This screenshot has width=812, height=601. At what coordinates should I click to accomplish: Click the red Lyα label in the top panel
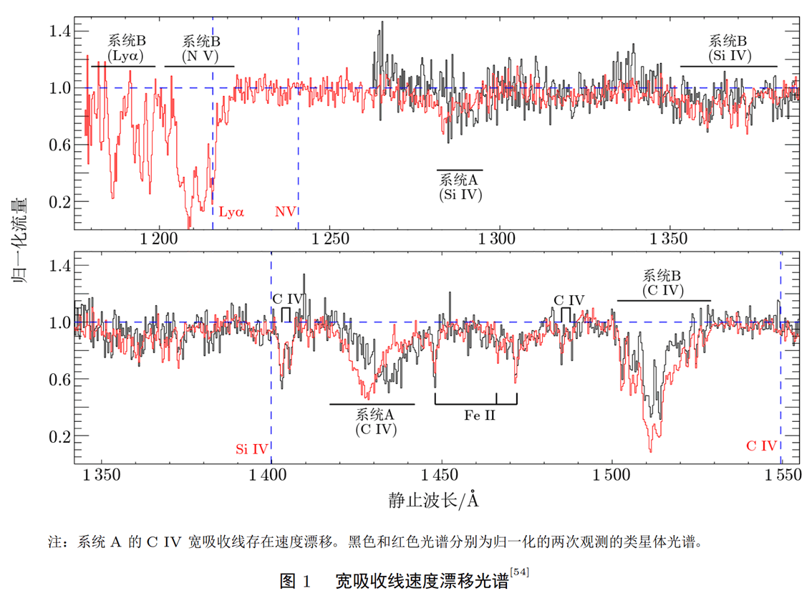(x=231, y=211)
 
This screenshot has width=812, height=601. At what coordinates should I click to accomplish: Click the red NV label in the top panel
(x=285, y=211)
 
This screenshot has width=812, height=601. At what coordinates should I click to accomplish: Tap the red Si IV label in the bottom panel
(x=251, y=449)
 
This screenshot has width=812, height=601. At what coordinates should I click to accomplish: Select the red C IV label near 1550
(x=761, y=446)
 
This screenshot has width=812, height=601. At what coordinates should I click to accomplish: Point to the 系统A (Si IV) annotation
(x=460, y=186)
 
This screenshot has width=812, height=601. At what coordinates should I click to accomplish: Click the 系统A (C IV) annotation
(x=376, y=422)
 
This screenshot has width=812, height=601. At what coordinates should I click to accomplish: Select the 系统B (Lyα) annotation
(x=127, y=47)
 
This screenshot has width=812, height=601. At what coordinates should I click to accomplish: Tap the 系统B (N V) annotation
(x=201, y=47)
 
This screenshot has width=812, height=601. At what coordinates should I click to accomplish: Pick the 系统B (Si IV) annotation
(x=728, y=47)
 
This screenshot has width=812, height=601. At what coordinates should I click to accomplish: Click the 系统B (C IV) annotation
(x=662, y=283)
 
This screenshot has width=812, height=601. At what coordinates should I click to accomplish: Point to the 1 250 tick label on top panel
(x=329, y=240)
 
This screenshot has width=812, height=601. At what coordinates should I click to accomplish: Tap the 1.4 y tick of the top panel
(x=59, y=31)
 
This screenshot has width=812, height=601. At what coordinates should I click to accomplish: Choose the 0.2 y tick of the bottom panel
(x=59, y=436)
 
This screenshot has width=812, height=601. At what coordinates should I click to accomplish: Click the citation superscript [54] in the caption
(x=518, y=572)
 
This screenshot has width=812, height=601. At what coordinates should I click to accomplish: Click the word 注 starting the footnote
(x=53, y=542)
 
